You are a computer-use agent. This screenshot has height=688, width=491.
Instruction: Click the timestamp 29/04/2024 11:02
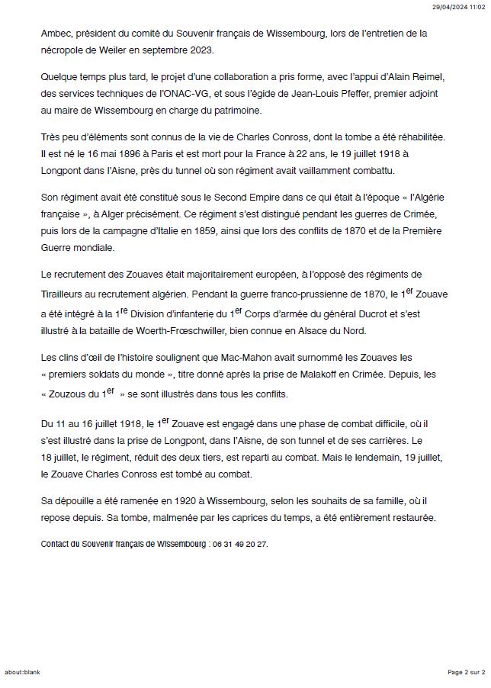pos(458,6)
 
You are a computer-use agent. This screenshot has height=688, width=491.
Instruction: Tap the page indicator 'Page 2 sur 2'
pos(466,672)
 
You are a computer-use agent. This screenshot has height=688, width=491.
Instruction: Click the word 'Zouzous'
pos(66,394)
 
